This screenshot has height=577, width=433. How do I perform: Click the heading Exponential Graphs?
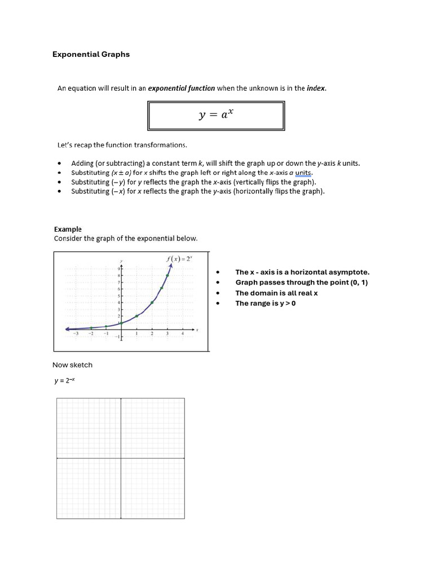(x=91, y=55)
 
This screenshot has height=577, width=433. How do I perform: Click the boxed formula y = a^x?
(x=216, y=115)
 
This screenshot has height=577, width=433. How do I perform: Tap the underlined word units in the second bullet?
(x=303, y=172)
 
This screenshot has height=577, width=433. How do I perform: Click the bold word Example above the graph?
(x=68, y=229)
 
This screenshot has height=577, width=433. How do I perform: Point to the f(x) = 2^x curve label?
(x=180, y=259)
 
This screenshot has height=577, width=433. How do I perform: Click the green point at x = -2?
(x=91, y=327)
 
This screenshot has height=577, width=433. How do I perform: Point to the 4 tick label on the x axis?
(x=183, y=334)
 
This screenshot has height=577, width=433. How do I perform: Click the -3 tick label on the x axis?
(x=76, y=334)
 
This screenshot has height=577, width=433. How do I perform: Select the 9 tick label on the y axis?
(x=118, y=269)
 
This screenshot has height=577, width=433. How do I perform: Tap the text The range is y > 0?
(x=266, y=304)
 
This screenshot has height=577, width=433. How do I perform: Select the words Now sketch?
(x=72, y=365)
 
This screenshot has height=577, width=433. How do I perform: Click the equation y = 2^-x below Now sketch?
(x=64, y=380)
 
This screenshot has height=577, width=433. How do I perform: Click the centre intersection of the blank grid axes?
(x=121, y=458)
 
